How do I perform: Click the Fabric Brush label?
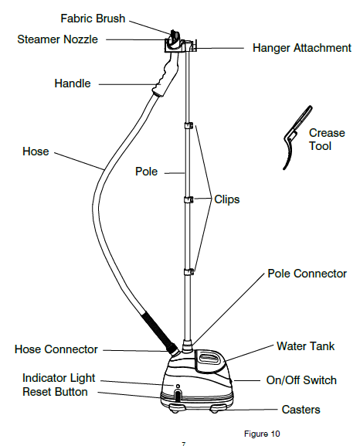pyautogui.click(x=93, y=19)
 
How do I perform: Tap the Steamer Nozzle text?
pyautogui.click(x=57, y=39)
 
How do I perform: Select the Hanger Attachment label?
pyautogui.click(x=302, y=48)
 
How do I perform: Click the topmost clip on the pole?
pyautogui.click(x=188, y=125)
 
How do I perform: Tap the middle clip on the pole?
pyautogui.click(x=188, y=199)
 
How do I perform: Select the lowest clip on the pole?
pyautogui.click(x=188, y=272)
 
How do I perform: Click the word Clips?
pyautogui.click(x=227, y=199)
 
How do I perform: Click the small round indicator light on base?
pyautogui.click(x=178, y=386)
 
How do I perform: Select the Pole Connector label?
pyautogui.click(x=307, y=274)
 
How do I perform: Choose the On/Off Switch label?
pyautogui.click(x=301, y=380)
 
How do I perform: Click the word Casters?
pyautogui.click(x=301, y=410)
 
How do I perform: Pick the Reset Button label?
pyautogui.click(x=55, y=392)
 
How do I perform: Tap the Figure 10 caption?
pyautogui.click(x=262, y=434)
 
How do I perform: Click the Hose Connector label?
pyautogui.click(x=56, y=349)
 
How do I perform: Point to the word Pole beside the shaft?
pyautogui.click(x=146, y=172)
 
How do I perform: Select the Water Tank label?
pyautogui.click(x=306, y=346)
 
